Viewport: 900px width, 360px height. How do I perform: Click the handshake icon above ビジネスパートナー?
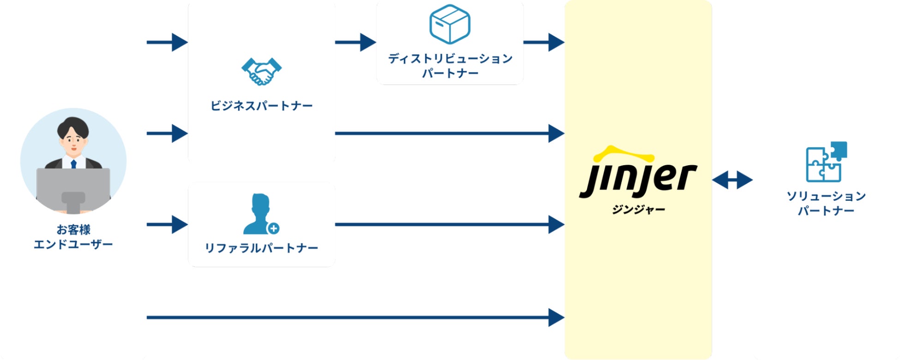[262, 72]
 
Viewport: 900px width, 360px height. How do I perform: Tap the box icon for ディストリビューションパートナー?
[450, 24]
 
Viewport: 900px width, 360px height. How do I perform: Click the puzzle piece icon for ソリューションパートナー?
[826, 162]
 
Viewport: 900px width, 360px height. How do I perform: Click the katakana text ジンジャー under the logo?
[638, 210]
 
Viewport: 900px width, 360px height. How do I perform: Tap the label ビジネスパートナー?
[262, 106]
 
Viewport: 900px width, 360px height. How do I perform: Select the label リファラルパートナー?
[262, 248]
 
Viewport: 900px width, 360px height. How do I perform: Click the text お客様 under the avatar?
[73, 229]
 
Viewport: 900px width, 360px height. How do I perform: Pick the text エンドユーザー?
[73, 245]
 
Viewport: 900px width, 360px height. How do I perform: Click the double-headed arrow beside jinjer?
[732, 180]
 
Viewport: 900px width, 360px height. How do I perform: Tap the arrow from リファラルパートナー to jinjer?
[450, 225]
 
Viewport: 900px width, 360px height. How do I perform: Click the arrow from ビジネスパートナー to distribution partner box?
[355, 42]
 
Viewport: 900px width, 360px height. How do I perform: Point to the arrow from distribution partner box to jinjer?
[544, 42]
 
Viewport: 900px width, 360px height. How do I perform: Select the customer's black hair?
[73, 126]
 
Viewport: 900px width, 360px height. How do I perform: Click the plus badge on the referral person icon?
[274, 228]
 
